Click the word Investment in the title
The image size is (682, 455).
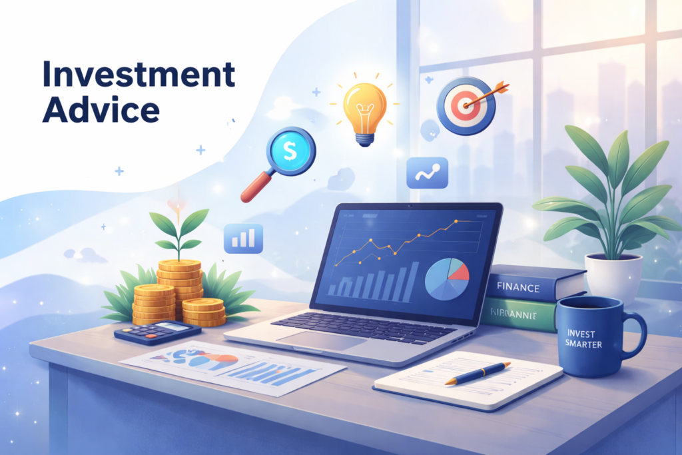point(139,75)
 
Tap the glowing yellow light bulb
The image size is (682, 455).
point(364,108)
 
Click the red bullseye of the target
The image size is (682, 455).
point(464,105)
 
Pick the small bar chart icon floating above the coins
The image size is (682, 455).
point(243,238)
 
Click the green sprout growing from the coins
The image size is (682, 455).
point(178,230)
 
